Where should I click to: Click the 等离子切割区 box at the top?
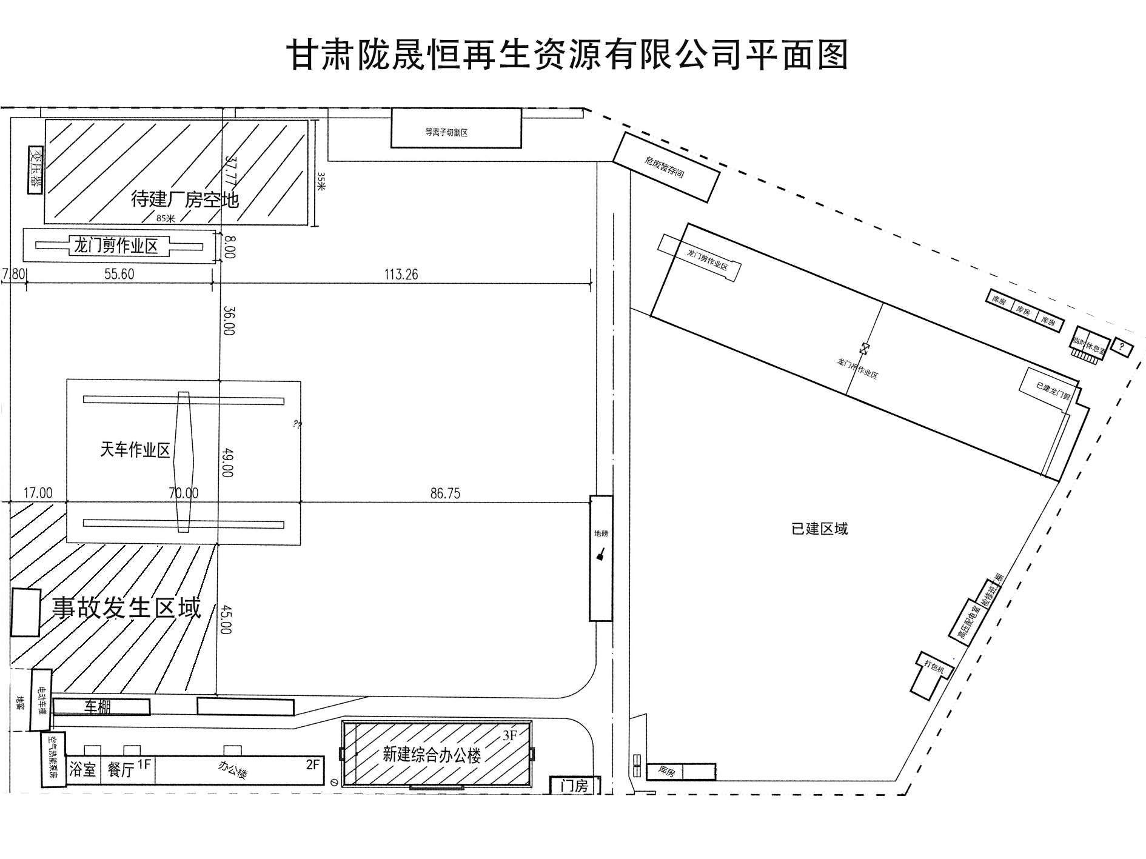(x=456, y=128)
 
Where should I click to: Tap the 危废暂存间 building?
(x=666, y=167)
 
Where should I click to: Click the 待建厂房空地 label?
(x=185, y=199)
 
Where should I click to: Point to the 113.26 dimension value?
(x=401, y=275)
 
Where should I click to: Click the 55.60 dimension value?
(x=119, y=274)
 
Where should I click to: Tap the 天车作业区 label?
(x=135, y=450)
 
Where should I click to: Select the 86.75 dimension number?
(x=445, y=493)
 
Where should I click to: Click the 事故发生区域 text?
(x=126, y=608)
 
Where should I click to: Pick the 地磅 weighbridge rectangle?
(x=601, y=558)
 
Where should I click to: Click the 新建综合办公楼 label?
(x=431, y=755)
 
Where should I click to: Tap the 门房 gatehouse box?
(x=574, y=786)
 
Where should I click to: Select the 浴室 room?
(x=83, y=770)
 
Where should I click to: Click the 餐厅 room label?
(x=121, y=770)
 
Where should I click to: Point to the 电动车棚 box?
(x=41, y=700)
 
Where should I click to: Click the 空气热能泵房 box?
(x=53, y=760)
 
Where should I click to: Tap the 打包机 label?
(x=934, y=667)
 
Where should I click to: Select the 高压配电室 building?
(x=967, y=618)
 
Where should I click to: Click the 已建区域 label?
(x=819, y=529)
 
